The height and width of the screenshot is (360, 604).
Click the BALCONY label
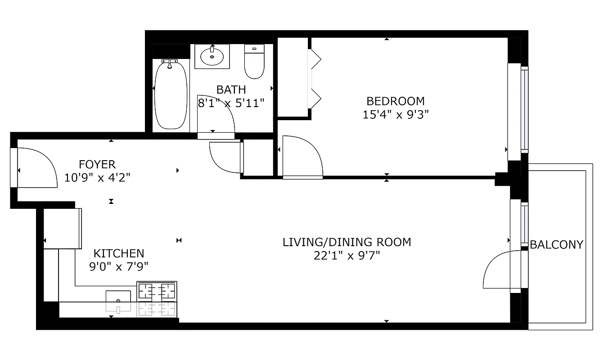556,244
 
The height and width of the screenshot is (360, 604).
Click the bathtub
171,94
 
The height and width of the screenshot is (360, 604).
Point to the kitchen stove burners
157,291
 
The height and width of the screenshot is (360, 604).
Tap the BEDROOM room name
395,101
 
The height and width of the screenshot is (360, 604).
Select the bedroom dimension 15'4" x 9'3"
395,114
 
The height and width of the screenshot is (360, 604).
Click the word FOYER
97,164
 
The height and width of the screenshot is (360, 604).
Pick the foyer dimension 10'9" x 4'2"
97,177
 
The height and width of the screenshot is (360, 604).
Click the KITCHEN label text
119,253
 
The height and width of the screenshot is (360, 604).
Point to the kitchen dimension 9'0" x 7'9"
119,267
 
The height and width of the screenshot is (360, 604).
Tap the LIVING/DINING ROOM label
347,242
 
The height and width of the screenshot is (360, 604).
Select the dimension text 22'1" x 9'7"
347,256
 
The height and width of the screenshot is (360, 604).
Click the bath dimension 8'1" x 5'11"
231,103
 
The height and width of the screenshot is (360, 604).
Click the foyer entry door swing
36,169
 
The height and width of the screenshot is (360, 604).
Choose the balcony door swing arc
497,270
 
